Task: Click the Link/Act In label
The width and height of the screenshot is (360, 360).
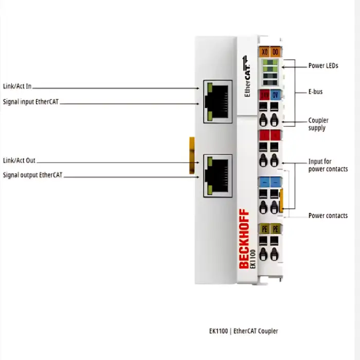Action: coord(17,87)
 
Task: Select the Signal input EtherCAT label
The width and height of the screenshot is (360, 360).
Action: coord(31,102)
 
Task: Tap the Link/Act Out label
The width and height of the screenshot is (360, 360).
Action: coord(19,160)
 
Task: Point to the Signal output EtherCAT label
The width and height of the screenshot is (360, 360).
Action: coord(32,175)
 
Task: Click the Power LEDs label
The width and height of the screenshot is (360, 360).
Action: coord(323,66)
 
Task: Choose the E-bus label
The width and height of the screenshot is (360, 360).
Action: coord(315,92)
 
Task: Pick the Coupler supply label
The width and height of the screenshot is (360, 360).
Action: coord(318,124)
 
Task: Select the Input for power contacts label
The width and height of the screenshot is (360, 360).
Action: coord(328,165)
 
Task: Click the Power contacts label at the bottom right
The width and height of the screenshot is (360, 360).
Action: coord(328,215)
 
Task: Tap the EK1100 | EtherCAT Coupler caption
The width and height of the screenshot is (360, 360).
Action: coord(243,331)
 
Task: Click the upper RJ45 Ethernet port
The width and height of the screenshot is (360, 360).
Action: coord(217,101)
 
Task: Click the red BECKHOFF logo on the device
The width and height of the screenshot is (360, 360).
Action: coord(244,239)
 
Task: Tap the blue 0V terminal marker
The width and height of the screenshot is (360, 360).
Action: coord(276,95)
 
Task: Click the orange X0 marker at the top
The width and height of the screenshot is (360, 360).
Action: coord(264,51)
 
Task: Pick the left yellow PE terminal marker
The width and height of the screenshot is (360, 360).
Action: coord(264,228)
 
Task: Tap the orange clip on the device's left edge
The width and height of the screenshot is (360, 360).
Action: coord(192,152)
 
